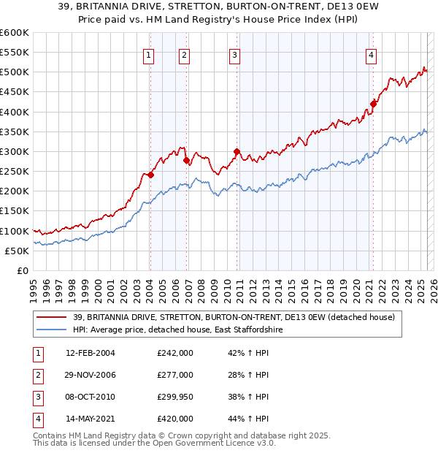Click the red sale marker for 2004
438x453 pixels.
click(150, 175)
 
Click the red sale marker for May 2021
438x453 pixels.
click(373, 104)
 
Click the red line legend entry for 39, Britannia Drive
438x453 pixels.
click(234, 317)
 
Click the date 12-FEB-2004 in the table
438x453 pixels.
click(91, 353)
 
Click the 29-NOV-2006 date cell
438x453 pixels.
click(91, 375)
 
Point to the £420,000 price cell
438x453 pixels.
click(175, 419)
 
